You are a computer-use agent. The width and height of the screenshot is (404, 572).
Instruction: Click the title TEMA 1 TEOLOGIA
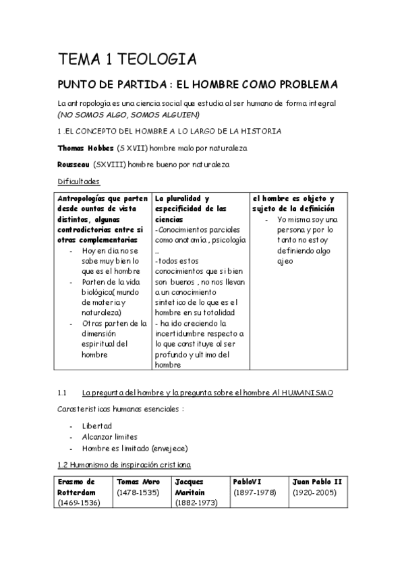[x=127, y=60]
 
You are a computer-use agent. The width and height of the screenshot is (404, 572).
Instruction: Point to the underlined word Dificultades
[x=79, y=181]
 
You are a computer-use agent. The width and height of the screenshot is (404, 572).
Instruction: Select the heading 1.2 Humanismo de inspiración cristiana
[x=124, y=465]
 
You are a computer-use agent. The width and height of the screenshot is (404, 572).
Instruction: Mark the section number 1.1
[x=63, y=392]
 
